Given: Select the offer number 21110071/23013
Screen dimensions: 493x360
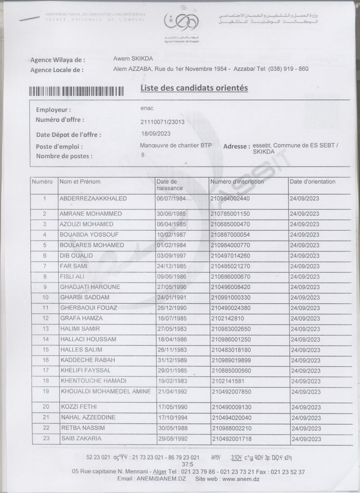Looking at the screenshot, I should point(162,122).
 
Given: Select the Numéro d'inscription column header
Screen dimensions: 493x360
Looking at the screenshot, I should point(237,182).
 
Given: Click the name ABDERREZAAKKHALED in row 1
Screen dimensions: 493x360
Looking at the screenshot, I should point(93,198).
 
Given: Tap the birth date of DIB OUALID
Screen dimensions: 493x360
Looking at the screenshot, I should point(171,255).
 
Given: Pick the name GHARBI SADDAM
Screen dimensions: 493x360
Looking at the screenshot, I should point(84,297).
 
